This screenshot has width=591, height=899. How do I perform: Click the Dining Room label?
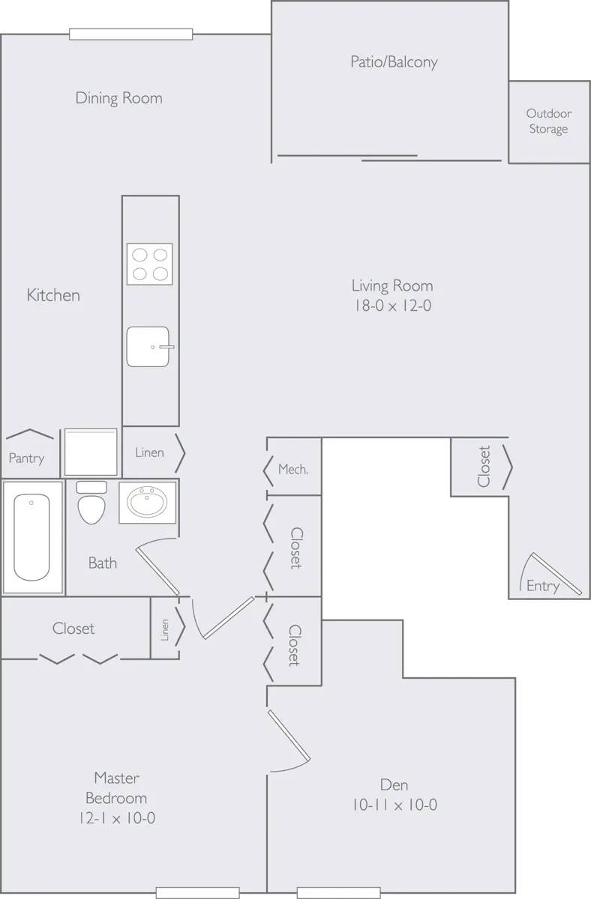118,98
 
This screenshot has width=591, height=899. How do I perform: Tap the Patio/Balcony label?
394,62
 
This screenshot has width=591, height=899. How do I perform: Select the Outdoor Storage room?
548,121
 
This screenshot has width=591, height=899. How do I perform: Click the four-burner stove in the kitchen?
149,264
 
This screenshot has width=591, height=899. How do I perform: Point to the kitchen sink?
149,347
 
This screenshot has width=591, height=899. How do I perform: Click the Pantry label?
26,458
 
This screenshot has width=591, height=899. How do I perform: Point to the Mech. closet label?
293,470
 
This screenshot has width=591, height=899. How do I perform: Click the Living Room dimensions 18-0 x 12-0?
392,306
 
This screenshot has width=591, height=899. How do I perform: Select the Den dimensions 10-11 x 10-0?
394,805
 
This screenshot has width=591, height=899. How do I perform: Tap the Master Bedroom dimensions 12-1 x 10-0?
116,818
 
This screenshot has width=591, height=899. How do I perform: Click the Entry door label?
542,586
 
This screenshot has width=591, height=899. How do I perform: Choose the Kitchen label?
53,295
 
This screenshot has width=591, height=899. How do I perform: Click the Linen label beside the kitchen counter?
149,452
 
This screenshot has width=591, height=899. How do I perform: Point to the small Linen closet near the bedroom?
166,629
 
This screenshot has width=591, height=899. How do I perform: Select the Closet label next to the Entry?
484,466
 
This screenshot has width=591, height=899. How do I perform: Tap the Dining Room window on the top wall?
131,33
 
